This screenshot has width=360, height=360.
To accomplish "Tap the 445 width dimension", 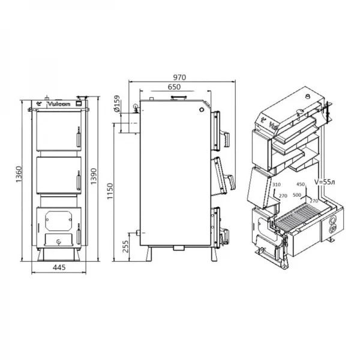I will click(58, 268).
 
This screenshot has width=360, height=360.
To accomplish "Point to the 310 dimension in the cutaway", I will click(276, 185).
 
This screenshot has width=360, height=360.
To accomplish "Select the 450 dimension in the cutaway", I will click(301, 185).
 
